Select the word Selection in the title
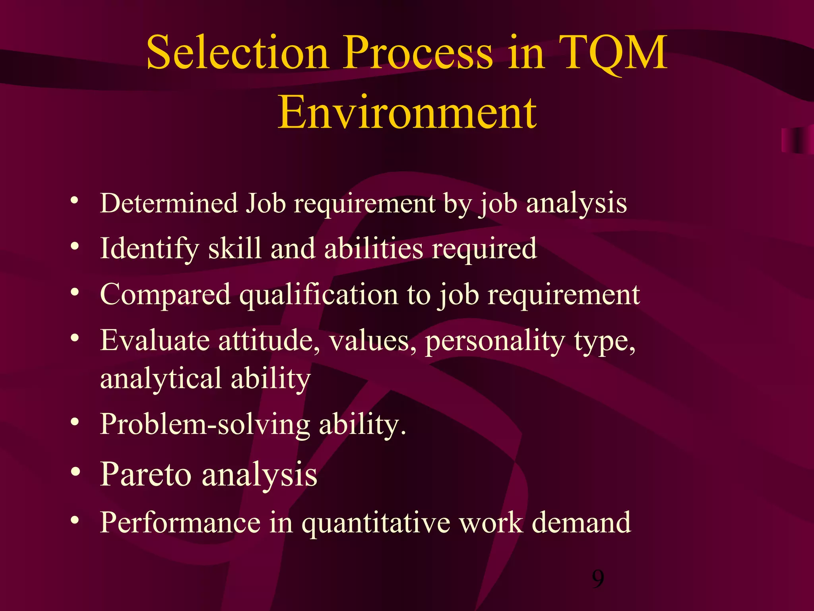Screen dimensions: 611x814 click(237, 53)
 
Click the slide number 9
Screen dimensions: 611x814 click(597, 579)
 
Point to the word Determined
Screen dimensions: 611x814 click(169, 203)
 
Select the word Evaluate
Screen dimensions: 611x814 click(155, 341)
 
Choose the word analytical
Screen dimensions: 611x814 click(161, 379)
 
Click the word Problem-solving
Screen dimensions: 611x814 click(205, 425)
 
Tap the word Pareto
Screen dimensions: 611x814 click(146, 475)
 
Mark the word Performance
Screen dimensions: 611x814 click(180, 522)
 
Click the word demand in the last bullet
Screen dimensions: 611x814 click(581, 522)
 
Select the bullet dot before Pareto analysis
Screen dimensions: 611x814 click(76, 472)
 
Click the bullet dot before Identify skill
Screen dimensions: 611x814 click(75, 247)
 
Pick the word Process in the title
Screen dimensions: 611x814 click(419, 53)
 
